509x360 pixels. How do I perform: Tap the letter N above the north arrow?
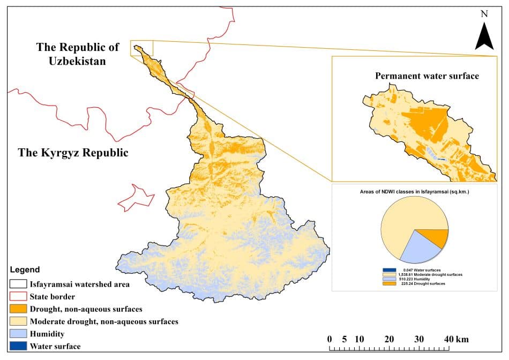(x=484, y=14)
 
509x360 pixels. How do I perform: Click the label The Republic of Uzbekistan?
(x=78, y=54)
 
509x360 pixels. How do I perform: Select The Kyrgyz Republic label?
(x=73, y=153)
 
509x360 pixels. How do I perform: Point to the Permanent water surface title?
(x=427, y=76)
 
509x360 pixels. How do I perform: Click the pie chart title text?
(x=415, y=191)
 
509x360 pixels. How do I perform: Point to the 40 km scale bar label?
(x=456, y=340)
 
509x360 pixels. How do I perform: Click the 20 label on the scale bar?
(x=389, y=340)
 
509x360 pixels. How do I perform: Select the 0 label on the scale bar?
(x=329, y=340)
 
